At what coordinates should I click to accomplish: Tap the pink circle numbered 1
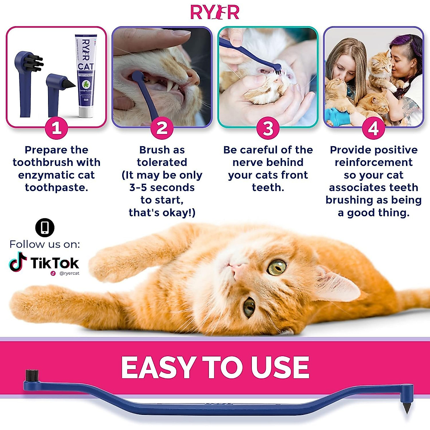(56, 128)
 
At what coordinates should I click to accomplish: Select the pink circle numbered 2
(162, 128)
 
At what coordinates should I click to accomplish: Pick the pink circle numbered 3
(268, 128)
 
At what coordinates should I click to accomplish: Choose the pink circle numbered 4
(373, 128)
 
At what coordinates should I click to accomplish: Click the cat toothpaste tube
(86, 75)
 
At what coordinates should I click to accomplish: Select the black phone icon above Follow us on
(45, 228)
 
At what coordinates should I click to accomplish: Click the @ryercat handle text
(69, 273)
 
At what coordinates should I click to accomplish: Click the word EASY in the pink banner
(158, 367)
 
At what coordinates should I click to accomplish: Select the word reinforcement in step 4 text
(373, 162)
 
